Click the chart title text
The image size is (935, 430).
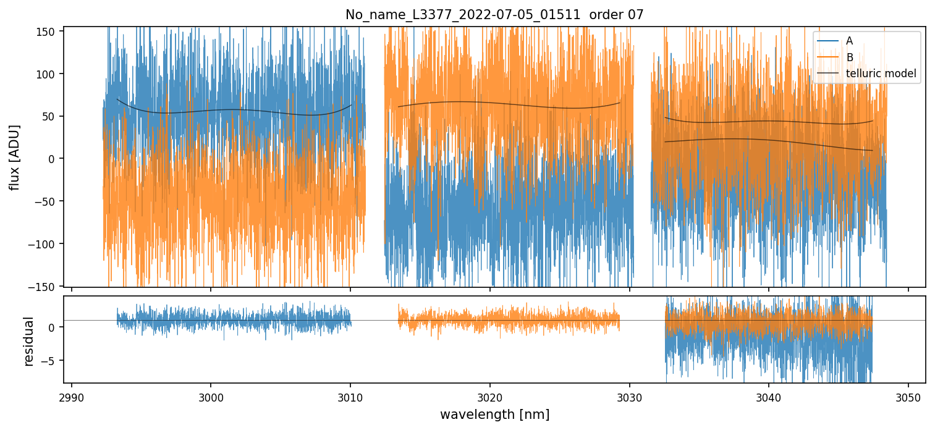(x=494, y=15)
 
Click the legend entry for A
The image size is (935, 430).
(x=849, y=41)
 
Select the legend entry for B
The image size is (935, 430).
(x=849, y=57)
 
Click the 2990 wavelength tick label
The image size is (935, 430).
(x=72, y=396)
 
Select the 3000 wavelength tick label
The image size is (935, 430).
(x=211, y=396)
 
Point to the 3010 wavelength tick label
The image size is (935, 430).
(x=350, y=396)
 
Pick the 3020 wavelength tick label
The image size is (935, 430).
(x=490, y=396)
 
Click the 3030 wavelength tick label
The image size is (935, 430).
(x=630, y=396)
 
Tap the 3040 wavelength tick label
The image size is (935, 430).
(x=769, y=396)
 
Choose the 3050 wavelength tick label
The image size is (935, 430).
(x=908, y=396)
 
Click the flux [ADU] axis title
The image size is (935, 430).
(x=14, y=157)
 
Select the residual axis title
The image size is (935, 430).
(x=28, y=341)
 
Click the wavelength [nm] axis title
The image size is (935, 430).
(x=494, y=414)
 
